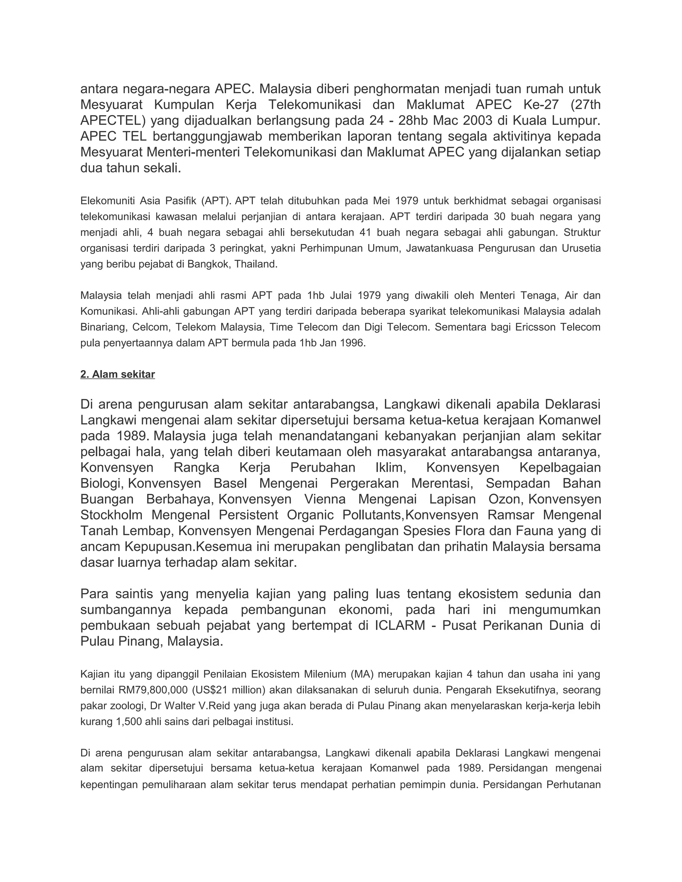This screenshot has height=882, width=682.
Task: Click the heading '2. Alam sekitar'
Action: click(118, 374)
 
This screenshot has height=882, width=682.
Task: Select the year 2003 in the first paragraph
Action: click(476, 120)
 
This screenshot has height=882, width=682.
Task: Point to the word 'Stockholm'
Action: click(112, 515)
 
